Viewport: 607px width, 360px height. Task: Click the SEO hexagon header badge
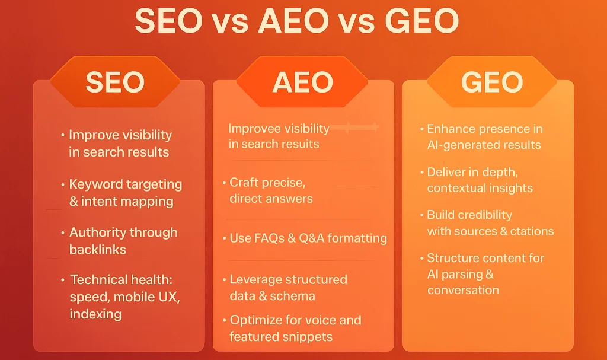(x=116, y=82)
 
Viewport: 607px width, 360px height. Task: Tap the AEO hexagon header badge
(x=302, y=82)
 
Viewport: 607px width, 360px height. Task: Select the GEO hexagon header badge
(x=491, y=82)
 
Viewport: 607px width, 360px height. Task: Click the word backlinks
(x=98, y=250)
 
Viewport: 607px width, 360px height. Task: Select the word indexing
(x=95, y=314)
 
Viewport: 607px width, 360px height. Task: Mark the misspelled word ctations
(x=532, y=231)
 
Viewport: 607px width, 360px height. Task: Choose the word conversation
(x=463, y=290)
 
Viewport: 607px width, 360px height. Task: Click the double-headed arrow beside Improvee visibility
(x=354, y=128)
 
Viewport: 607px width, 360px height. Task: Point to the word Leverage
(x=257, y=280)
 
